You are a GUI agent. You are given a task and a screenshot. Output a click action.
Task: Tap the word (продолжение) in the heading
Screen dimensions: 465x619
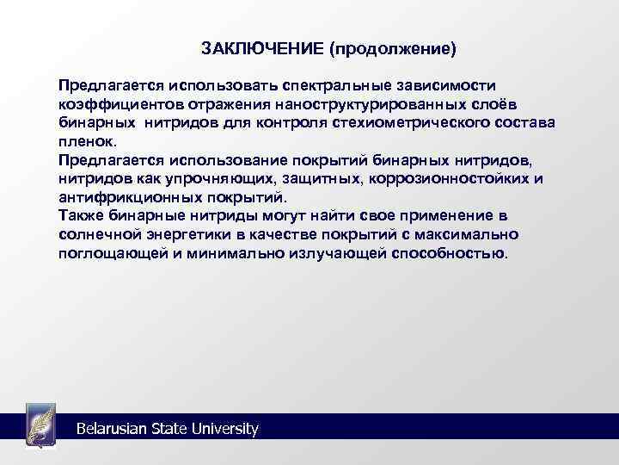(391, 47)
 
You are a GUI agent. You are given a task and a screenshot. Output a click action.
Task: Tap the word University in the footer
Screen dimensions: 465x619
(227, 428)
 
